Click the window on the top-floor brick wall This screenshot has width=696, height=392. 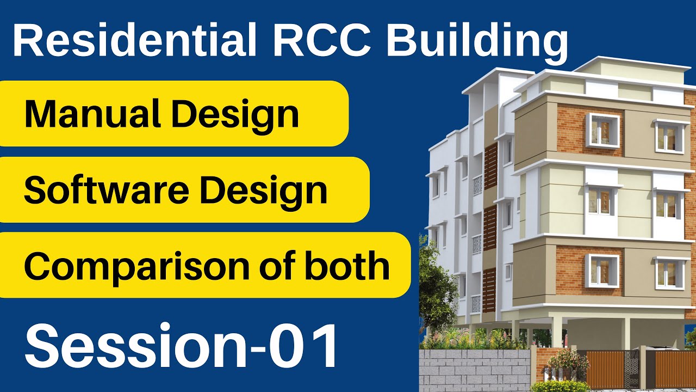coord(602,131)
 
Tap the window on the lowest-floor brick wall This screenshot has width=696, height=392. coord(602,271)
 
